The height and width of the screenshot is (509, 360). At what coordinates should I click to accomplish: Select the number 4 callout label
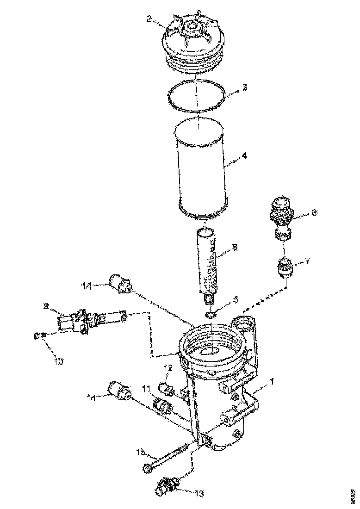(244, 156)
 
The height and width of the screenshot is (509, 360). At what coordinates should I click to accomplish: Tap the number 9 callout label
(46, 305)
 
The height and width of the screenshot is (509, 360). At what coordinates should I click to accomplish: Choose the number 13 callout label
(199, 494)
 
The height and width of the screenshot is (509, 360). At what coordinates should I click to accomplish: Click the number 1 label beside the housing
(272, 382)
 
